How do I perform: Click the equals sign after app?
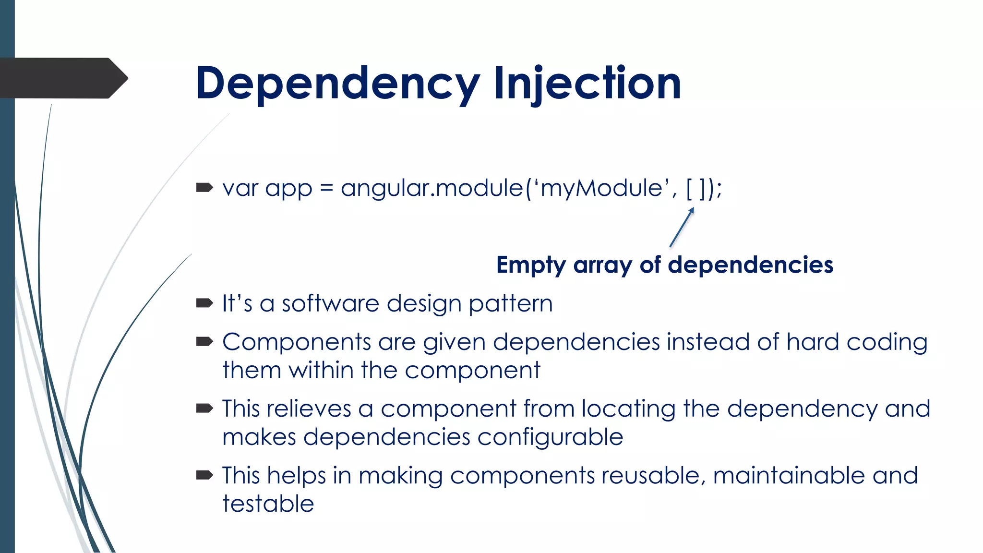(326, 188)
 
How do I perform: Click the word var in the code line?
(240, 188)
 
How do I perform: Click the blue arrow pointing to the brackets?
(682, 227)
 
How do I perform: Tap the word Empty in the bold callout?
(531, 265)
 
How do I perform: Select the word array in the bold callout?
(602, 265)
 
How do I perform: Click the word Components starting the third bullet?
(296, 343)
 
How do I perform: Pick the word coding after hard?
(887, 343)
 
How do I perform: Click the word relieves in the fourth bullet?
(309, 409)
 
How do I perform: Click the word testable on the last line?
(268, 504)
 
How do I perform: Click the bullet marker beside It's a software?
(204, 303)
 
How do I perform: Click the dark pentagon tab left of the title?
(62, 78)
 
